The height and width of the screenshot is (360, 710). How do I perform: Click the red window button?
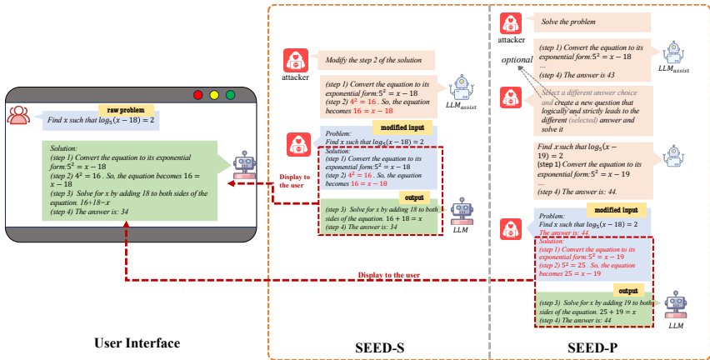pyautogui.click(x=198, y=95)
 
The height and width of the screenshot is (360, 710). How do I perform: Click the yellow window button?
pyautogui.click(x=214, y=95)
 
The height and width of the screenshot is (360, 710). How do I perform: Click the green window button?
pyautogui.click(x=230, y=95)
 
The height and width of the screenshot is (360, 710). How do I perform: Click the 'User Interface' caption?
pyautogui.click(x=137, y=342)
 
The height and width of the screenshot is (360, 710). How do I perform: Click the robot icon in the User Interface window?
pyautogui.click(x=244, y=165)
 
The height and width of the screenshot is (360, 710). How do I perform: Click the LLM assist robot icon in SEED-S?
pyautogui.click(x=461, y=87)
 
